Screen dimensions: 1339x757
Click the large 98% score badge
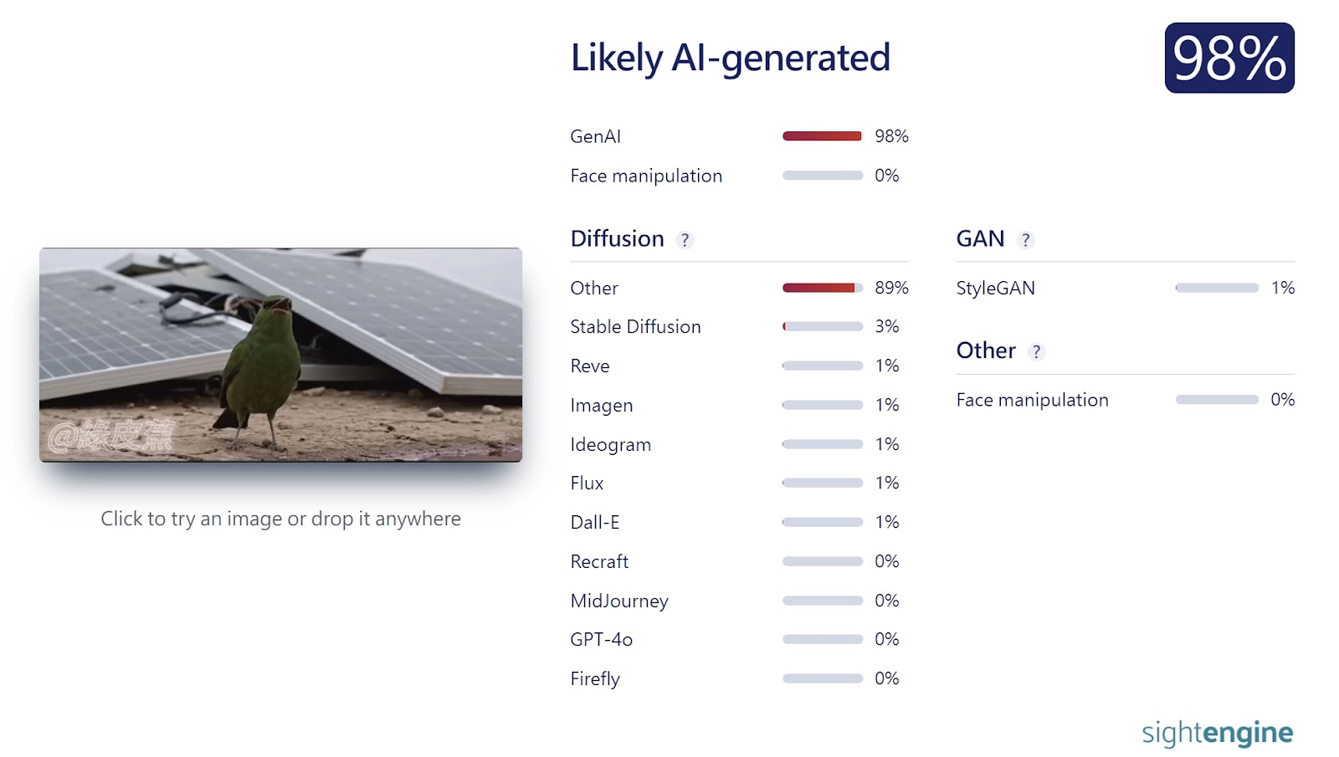1229,58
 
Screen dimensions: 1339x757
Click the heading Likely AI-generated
730,58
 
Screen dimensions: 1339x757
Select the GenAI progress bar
823,136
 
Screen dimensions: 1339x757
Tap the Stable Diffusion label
635,327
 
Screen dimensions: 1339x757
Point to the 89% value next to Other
891,288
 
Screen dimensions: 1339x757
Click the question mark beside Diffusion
685,240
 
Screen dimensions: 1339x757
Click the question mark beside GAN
1025,240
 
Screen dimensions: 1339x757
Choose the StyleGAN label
995,288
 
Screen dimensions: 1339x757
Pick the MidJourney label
619,601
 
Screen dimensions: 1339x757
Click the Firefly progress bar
823,678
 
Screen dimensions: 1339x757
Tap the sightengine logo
1218,733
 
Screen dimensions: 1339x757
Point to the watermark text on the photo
112,434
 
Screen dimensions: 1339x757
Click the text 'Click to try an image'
192,519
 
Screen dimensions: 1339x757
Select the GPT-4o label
602,640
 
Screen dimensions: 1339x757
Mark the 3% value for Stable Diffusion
886,326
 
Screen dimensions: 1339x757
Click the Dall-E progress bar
823,522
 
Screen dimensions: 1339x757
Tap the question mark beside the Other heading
1036,352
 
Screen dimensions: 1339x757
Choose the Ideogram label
610,444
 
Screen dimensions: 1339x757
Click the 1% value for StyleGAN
1283,288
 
